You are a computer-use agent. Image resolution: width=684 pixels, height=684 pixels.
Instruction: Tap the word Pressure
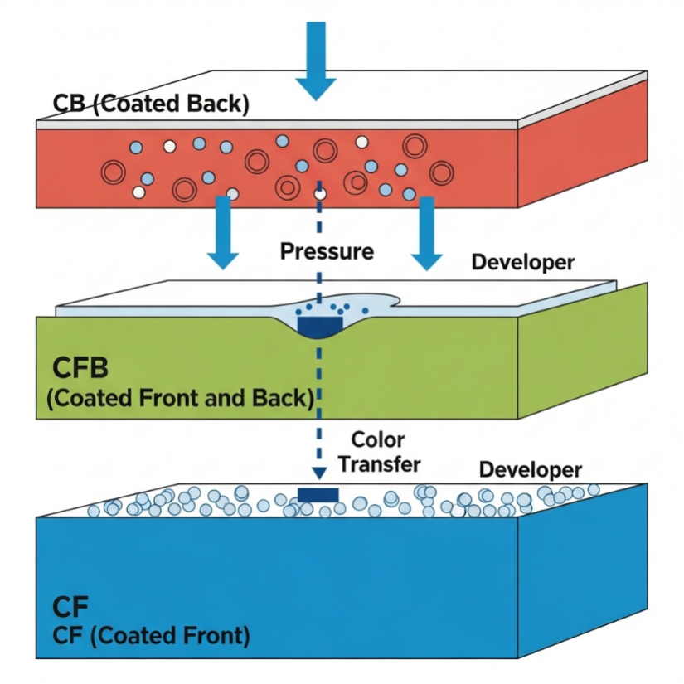coord(327,250)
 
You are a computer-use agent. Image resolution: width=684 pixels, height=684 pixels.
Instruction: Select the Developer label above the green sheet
coord(522,262)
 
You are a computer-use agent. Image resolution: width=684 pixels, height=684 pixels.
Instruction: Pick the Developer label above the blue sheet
coord(531,469)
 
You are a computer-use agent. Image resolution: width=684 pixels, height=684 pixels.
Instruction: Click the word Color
coord(378,439)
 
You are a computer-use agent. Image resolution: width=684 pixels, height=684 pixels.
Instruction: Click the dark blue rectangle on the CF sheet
coord(318,495)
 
